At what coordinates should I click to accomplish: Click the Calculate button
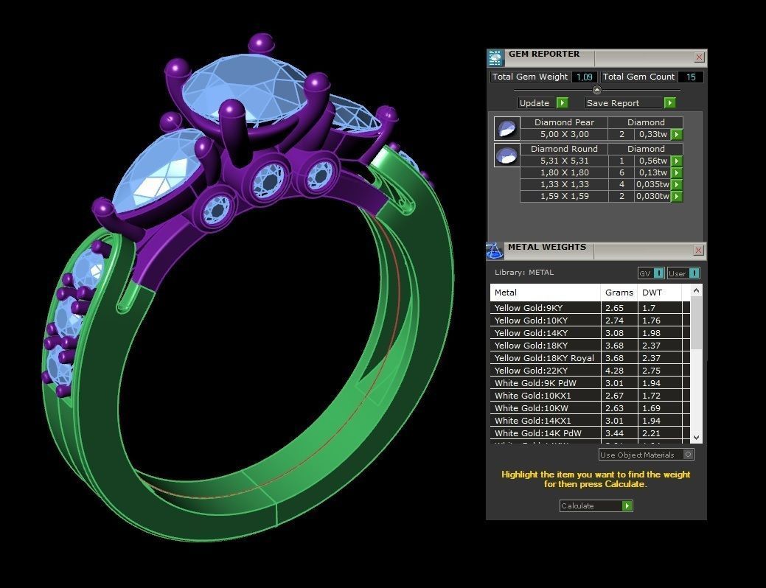596,505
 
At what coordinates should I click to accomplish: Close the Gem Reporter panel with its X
699,57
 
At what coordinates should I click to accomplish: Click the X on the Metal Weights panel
699,251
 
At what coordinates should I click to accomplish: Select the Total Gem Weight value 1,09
585,77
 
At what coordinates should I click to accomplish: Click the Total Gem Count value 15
691,77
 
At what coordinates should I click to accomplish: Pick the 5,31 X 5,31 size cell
564,161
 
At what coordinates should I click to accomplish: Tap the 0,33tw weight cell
652,135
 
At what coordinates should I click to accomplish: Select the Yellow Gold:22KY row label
531,371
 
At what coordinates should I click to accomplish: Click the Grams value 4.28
615,371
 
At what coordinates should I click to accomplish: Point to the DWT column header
652,293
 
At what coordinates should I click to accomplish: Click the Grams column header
619,293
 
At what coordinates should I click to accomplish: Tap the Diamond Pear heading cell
564,122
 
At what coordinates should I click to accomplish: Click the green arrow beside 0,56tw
677,161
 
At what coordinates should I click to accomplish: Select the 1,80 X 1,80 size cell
564,172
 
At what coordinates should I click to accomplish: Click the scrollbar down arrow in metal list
697,438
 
